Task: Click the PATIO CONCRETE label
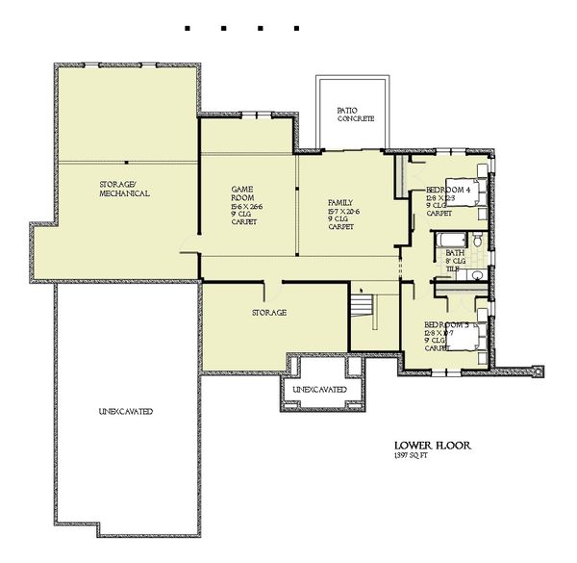tap(355, 115)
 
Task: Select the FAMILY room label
tap(339, 203)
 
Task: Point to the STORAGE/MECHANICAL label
tap(124, 189)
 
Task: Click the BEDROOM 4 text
tap(447, 191)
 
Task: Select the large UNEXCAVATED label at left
tap(125, 412)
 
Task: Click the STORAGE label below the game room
tap(270, 313)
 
